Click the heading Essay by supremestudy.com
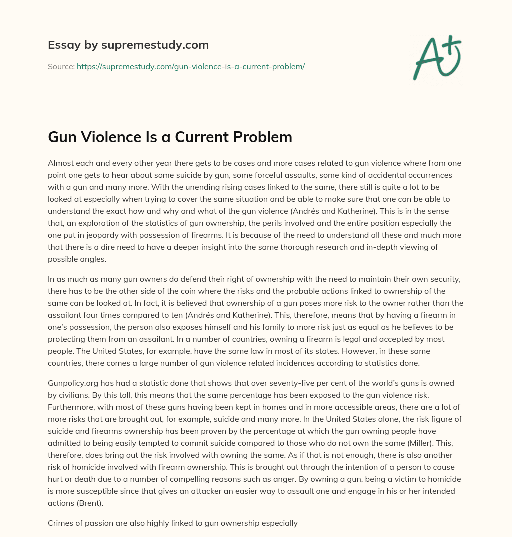128,45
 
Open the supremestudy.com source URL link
190,66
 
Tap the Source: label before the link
61,66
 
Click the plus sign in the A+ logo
452,47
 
